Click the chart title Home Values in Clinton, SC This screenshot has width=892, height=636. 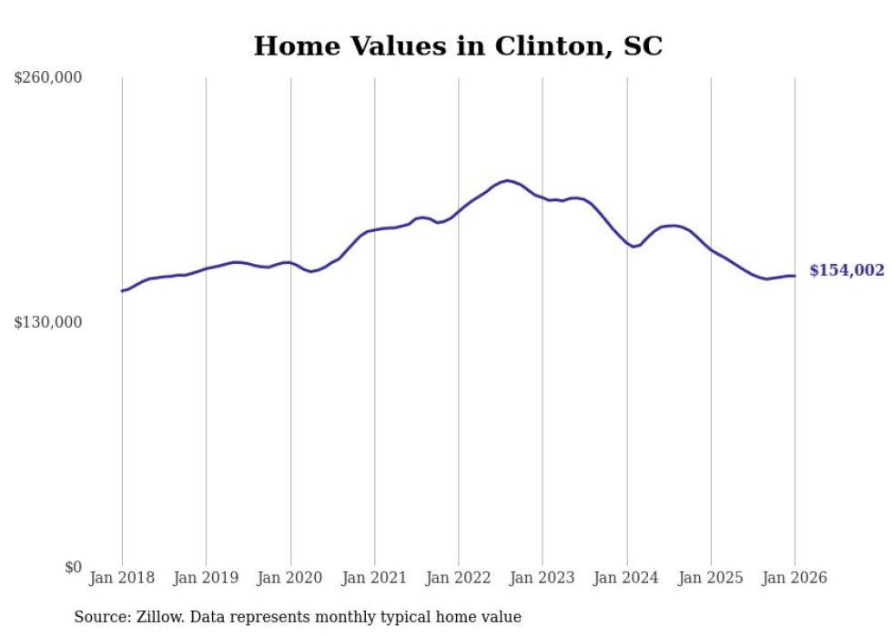coord(458,46)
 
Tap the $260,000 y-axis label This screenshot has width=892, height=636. coord(48,77)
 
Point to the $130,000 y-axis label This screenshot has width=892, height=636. coord(48,322)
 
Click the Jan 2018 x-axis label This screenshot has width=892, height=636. coord(122,578)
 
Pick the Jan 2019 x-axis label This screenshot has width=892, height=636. coord(206,578)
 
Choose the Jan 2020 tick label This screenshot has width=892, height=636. coord(290,578)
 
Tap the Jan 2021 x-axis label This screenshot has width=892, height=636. coord(374,578)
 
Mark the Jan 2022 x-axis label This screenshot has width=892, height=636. coord(459,578)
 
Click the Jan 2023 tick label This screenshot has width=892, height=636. coord(542,578)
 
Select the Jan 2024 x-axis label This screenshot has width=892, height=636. coord(626,578)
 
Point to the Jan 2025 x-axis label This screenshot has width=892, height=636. coord(711,578)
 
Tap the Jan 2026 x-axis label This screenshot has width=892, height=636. coord(795,578)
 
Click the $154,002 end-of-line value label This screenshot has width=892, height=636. coord(846,270)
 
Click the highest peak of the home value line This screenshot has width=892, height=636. coord(507,180)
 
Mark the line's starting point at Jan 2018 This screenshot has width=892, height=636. coord(122,291)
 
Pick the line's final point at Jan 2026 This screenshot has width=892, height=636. coord(795,276)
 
